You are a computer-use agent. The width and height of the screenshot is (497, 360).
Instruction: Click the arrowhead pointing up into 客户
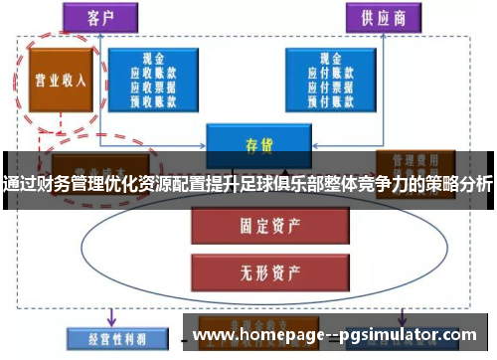point(99,36)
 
